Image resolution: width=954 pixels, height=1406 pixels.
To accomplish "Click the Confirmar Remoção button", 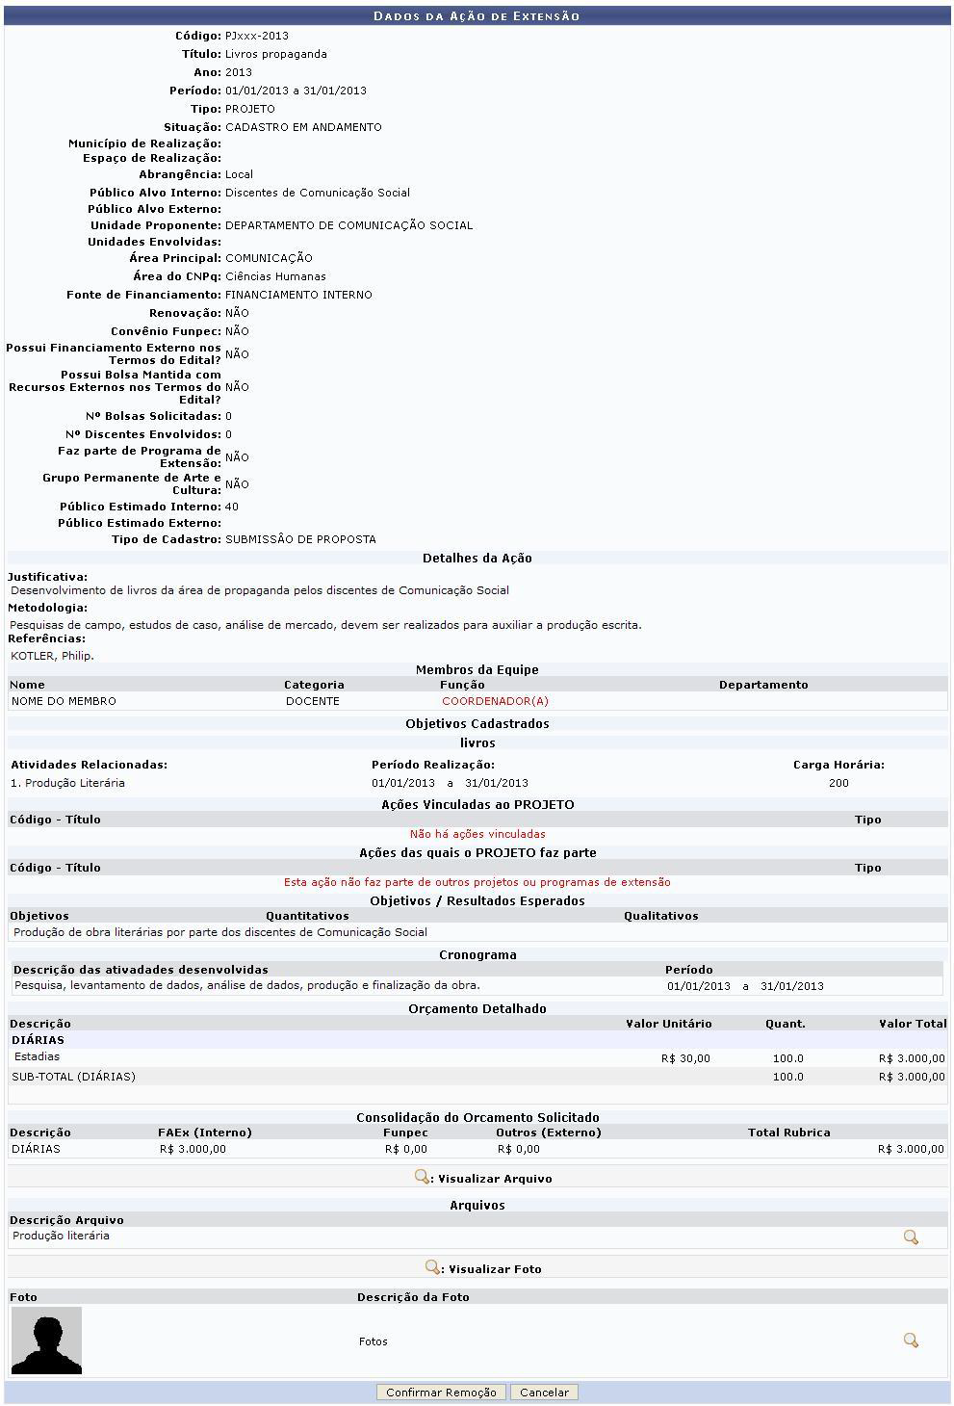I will (441, 1393).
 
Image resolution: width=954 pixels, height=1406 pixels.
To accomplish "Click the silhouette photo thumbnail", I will (46, 1341).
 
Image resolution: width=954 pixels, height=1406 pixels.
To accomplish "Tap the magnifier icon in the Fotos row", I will (911, 1341).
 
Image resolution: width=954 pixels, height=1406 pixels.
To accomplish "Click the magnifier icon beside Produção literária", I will (911, 1237).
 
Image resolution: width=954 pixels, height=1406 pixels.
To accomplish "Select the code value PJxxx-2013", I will (257, 36).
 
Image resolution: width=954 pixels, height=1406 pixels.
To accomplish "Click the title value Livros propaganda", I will (276, 54).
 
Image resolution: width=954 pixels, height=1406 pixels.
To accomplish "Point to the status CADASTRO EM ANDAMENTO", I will (303, 127).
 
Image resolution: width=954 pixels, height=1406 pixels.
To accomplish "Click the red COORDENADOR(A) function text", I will (495, 701).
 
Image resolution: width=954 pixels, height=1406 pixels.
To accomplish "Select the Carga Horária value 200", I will (838, 783).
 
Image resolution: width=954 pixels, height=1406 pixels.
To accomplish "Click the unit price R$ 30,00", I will (685, 1058).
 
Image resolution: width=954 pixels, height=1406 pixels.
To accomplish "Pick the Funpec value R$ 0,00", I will (405, 1149).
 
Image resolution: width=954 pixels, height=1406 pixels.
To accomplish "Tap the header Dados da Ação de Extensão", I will (477, 16).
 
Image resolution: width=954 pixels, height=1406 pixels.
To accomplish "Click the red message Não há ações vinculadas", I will (477, 834).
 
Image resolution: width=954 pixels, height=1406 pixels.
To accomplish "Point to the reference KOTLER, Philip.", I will (52, 656).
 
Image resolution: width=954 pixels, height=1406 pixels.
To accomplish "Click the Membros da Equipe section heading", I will (477, 670).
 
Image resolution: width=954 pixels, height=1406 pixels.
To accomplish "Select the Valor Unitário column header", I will (669, 1024).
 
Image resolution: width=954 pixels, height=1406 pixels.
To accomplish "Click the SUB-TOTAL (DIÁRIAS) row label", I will (74, 1077).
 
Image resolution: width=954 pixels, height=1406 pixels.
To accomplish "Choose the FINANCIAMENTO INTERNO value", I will (298, 295).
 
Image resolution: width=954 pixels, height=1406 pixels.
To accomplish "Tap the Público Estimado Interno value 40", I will (232, 507).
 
